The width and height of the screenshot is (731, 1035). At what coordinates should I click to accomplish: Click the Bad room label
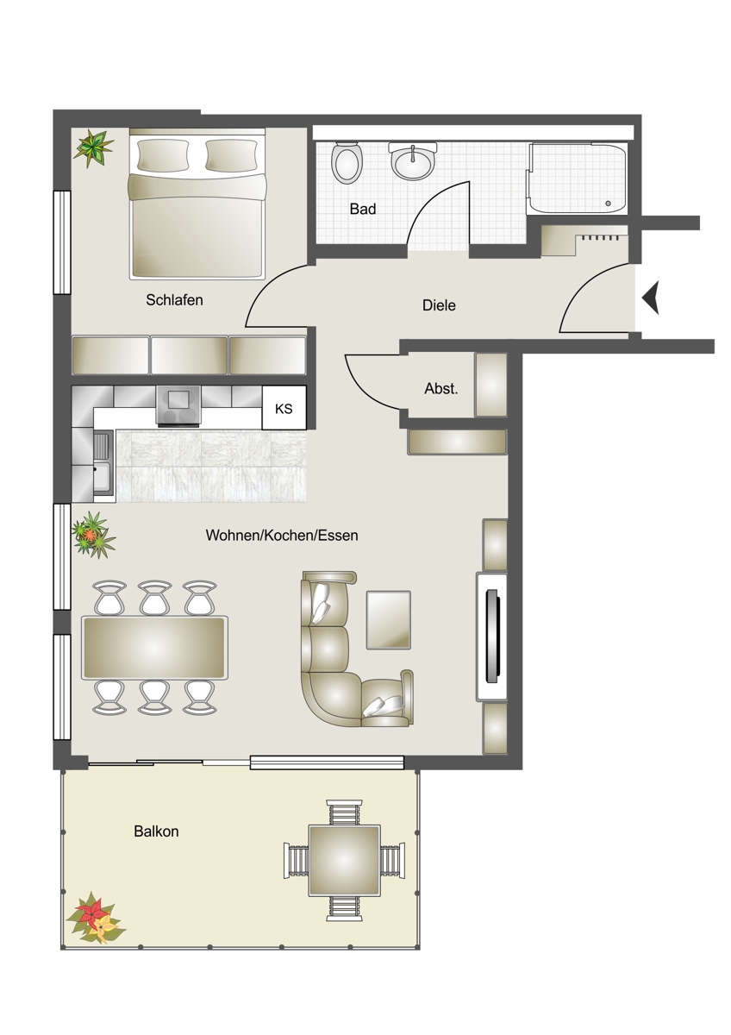(x=363, y=209)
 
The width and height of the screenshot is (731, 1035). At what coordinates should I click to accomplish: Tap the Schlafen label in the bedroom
(x=174, y=300)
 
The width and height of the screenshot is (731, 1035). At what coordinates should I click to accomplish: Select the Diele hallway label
(x=439, y=305)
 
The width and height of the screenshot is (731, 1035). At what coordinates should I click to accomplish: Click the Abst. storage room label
(x=441, y=389)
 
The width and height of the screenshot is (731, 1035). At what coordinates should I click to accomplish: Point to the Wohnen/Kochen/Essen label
(x=282, y=535)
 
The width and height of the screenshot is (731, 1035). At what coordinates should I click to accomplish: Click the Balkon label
(x=156, y=831)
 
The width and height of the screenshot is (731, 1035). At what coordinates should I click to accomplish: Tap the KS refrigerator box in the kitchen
(x=284, y=409)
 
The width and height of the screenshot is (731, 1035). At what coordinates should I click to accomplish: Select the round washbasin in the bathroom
(x=412, y=162)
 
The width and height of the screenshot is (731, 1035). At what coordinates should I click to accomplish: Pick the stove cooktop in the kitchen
(x=179, y=405)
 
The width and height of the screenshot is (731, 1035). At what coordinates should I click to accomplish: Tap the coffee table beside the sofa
(x=389, y=619)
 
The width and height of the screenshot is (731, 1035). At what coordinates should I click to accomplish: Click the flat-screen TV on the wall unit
(x=492, y=636)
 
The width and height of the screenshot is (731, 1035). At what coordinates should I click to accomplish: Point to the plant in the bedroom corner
(x=94, y=147)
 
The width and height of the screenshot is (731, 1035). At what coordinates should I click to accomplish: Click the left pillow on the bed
(x=164, y=154)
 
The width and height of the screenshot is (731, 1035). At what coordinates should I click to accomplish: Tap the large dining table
(x=154, y=648)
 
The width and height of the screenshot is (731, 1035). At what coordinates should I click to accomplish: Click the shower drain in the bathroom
(x=609, y=204)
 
